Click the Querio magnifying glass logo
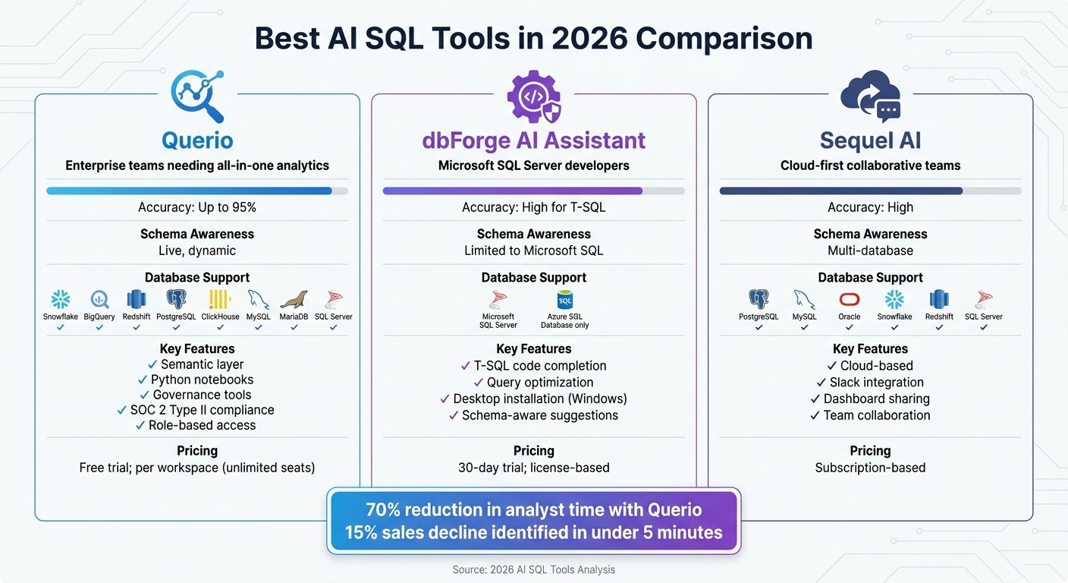(x=197, y=96)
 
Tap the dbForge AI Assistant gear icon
(x=533, y=96)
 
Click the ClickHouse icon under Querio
(x=220, y=299)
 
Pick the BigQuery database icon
(x=99, y=299)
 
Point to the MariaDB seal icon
(x=294, y=299)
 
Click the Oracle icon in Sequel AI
(x=849, y=299)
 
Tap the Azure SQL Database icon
(x=564, y=299)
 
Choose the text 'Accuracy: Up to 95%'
(x=197, y=207)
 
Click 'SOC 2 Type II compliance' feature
(x=202, y=410)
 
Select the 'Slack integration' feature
(x=876, y=383)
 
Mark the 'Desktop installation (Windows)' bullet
(x=539, y=399)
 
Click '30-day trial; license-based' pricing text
(x=533, y=468)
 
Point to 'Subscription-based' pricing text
(x=870, y=468)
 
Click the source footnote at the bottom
(x=533, y=569)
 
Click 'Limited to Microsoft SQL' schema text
(x=533, y=251)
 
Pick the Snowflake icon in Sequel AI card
(x=894, y=299)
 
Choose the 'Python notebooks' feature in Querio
(x=202, y=380)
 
